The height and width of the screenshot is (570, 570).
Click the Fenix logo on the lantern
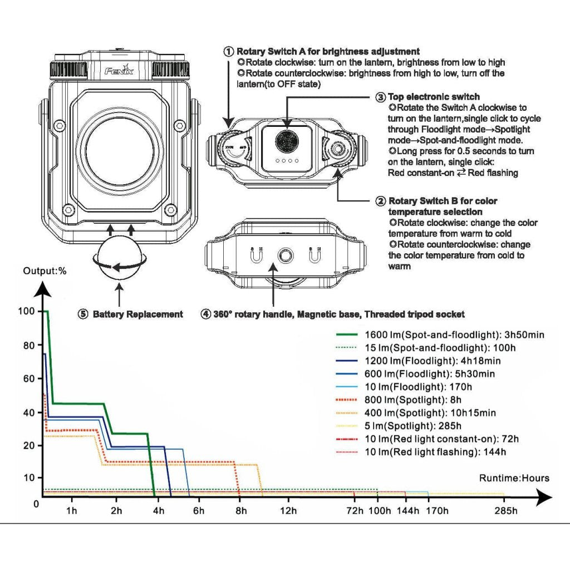pos(119,71)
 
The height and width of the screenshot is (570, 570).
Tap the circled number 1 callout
pos(228,52)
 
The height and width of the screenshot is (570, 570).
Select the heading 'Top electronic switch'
pos(434,97)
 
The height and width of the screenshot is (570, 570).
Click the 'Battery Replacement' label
pos(137,314)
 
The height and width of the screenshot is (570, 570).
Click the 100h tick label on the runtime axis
pos(379,511)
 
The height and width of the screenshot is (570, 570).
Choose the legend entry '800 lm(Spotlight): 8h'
pos(413,400)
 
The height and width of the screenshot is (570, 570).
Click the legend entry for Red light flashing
pos(435,452)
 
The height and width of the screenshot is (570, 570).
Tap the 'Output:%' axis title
pos(45,271)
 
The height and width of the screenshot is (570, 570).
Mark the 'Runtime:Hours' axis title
pos(514,478)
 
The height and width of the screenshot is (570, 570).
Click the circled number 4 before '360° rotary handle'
pos(206,314)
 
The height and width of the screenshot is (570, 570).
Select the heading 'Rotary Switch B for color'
pos(443,201)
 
